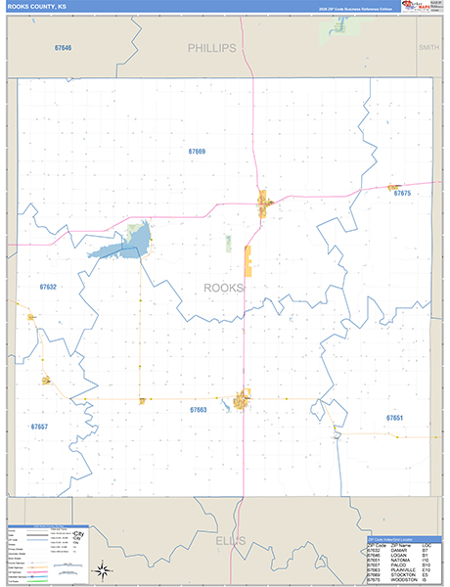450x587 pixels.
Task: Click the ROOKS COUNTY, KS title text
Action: click(x=37, y=6)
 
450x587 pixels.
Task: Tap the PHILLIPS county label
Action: click(x=212, y=47)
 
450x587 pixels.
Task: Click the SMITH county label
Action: click(x=428, y=47)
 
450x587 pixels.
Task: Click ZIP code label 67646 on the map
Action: click(x=63, y=47)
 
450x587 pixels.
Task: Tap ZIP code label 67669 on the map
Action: click(x=197, y=152)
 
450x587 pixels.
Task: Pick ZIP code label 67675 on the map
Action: click(x=402, y=194)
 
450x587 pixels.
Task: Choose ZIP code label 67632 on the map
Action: click(x=48, y=287)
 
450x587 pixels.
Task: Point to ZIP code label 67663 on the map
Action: click(x=198, y=410)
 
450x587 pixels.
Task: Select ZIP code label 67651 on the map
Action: click(x=394, y=418)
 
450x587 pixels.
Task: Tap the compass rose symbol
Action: click(x=101, y=570)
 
